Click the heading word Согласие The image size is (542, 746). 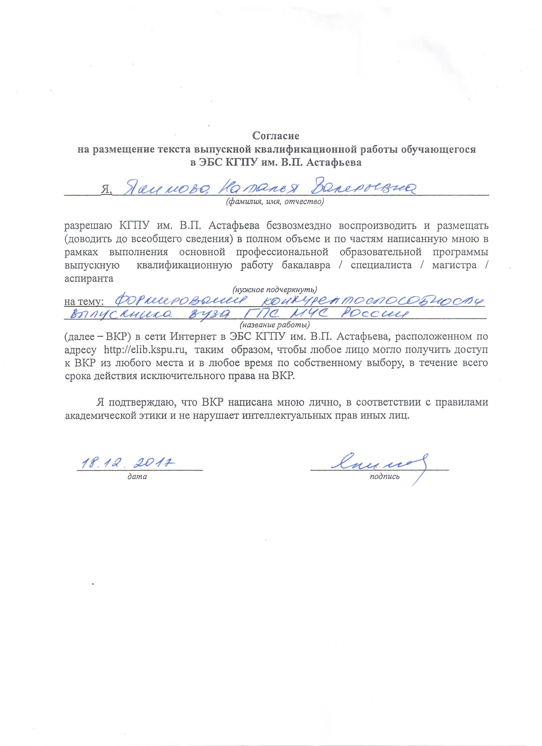click(275, 135)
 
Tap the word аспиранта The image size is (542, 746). click(89, 279)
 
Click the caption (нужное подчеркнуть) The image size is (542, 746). click(274, 289)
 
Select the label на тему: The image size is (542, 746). click(84, 301)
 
